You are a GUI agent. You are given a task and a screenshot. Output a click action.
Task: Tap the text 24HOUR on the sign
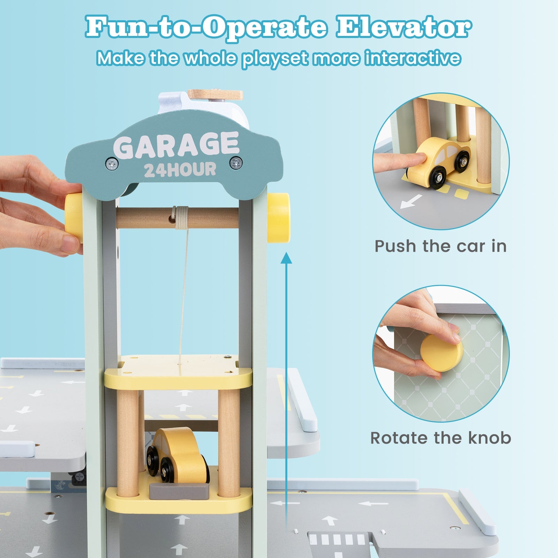(x=180, y=170)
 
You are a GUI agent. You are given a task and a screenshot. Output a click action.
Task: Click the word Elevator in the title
(x=403, y=28)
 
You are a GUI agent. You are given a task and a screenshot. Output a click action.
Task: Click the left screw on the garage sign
(x=112, y=163)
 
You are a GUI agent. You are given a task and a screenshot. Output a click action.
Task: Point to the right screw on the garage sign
(x=236, y=162)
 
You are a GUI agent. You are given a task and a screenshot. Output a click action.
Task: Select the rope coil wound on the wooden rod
(x=181, y=218)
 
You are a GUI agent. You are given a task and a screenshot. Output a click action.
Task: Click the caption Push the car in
(x=440, y=246)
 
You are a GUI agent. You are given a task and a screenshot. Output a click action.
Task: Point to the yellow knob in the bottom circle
(x=442, y=352)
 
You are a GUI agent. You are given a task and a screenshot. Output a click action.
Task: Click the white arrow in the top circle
(x=410, y=202)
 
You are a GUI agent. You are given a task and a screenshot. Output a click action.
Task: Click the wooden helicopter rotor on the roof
(x=215, y=94)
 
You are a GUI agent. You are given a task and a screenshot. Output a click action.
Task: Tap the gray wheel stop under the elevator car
(x=179, y=490)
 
